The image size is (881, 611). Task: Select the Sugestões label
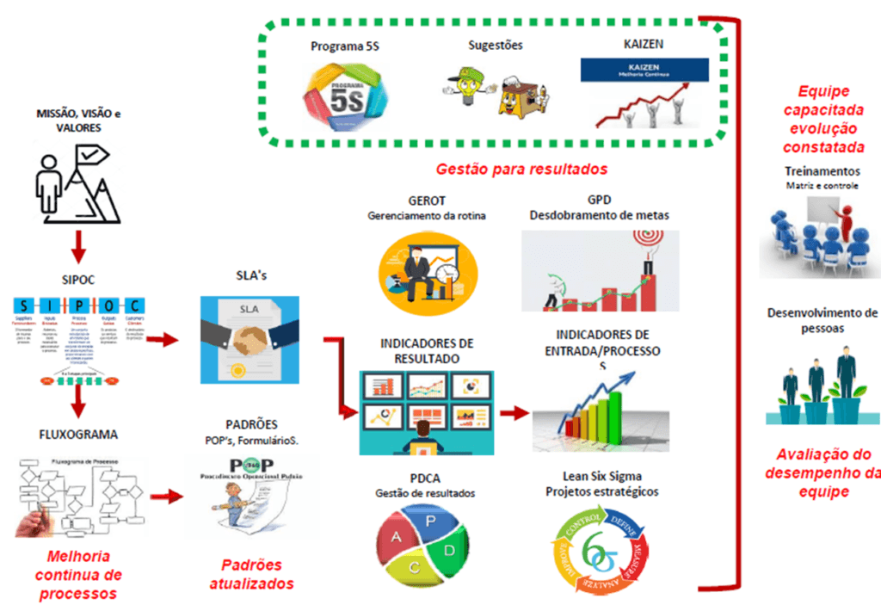pyautogui.click(x=495, y=45)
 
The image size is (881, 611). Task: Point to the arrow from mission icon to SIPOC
pyautogui.click(x=77, y=244)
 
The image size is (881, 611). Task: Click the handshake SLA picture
pyautogui.click(x=249, y=340)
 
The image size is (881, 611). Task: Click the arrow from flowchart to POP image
pyautogui.click(x=167, y=496)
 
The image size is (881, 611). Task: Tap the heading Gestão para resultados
pyautogui.click(x=521, y=168)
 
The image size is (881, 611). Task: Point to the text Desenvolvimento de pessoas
pyautogui.click(x=822, y=319)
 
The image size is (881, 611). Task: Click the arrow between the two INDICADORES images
pyautogui.click(x=514, y=413)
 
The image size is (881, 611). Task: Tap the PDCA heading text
pyautogui.click(x=424, y=478)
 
